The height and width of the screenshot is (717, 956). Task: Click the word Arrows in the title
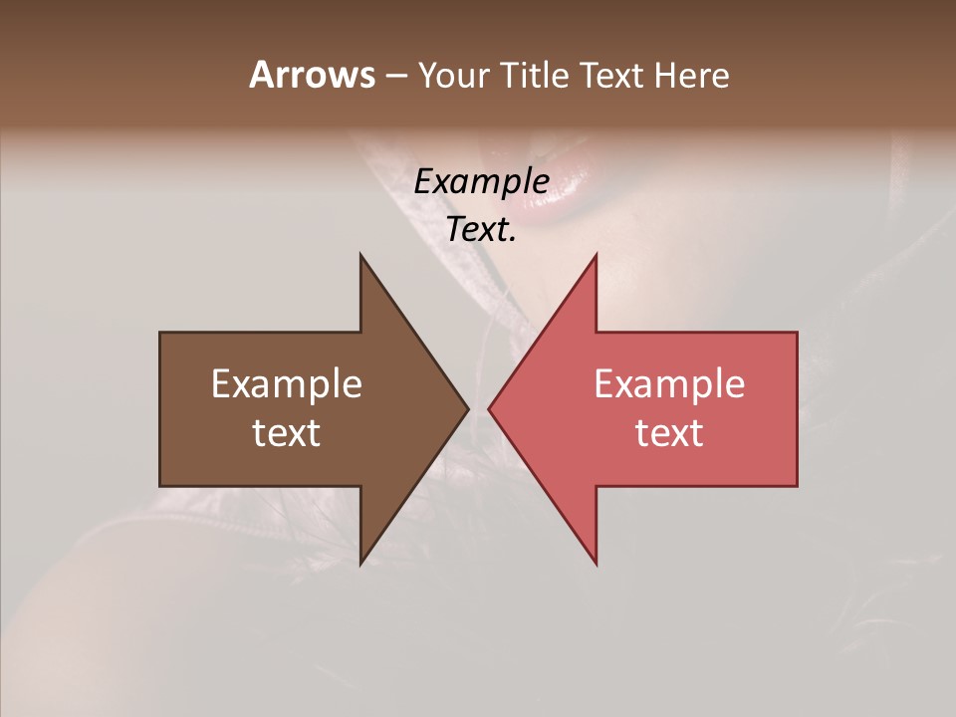(x=312, y=75)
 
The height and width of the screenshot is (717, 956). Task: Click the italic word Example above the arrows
(x=481, y=181)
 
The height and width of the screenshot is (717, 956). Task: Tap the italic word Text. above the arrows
(x=481, y=229)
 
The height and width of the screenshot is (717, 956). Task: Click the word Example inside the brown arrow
(x=287, y=384)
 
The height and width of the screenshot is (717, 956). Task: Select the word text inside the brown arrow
(x=287, y=433)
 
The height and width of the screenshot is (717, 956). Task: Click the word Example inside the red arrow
(x=669, y=384)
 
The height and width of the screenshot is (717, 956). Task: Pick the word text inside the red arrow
(x=669, y=433)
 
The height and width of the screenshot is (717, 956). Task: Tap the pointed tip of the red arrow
(x=491, y=408)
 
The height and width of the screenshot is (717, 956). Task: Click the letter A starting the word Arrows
(x=262, y=75)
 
